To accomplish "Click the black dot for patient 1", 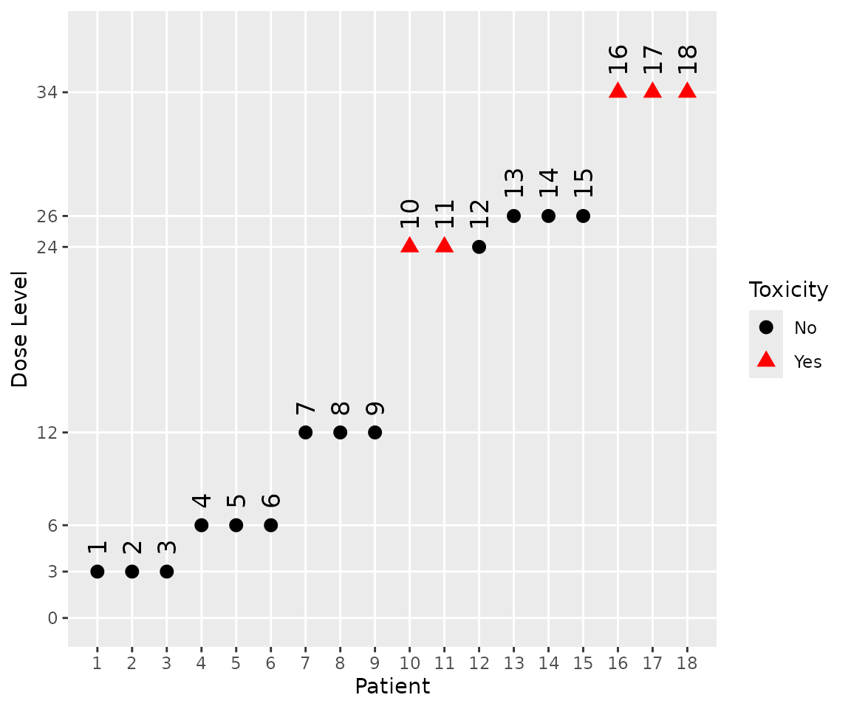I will [97, 572].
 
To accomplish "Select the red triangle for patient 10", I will [409, 245].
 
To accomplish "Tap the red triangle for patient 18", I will [687, 91].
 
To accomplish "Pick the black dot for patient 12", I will [479, 247].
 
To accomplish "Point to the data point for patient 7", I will [305, 432].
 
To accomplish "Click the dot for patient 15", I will [583, 216].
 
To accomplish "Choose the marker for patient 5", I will [236, 525].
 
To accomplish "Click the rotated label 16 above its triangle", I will [618, 59].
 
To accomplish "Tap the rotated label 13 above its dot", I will [514, 182].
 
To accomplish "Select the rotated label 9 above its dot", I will [375, 408].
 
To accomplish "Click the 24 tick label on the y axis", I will [49, 247].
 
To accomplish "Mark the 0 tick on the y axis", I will [53, 618].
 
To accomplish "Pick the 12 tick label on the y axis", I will [49, 432].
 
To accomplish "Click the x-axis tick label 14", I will [548, 662].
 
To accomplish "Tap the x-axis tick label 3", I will [166, 662].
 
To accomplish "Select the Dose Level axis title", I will [20, 329].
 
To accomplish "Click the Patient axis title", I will [392, 687].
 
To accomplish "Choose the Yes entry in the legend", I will [807, 361].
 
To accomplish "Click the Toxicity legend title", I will [788, 290].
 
